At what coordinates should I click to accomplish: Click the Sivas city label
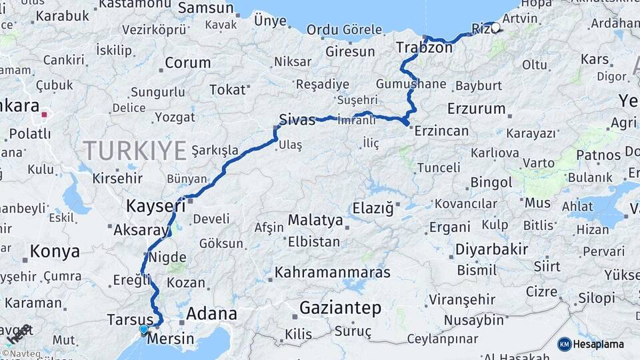click(x=297, y=121)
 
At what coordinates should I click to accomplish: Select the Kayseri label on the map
click(x=156, y=206)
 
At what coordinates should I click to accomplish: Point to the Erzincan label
click(x=441, y=131)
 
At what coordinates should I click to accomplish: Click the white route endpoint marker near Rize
click(x=495, y=28)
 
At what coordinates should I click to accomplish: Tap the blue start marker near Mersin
click(x=143, y=329)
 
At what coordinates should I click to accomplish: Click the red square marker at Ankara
click(x=45, y=115)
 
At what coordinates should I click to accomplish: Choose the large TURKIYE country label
click(x=135, y=151)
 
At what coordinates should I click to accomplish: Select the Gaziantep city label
click(x=340, y=308)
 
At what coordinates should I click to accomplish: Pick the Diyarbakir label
click(x=491, y=249)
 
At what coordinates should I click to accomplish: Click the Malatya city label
click(x=315, y=221)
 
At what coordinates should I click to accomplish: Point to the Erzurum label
click(x=477, y=108)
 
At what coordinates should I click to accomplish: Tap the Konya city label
click(x=55, y=252)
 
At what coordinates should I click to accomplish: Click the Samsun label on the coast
click(x=205, y=9)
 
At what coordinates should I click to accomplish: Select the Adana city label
click(x=211, y=313)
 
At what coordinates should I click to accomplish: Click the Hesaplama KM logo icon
click(x=565, y=344)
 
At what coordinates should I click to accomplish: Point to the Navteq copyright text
click(x=21, y=354)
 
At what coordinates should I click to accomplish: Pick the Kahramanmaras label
click(x=332, y=272)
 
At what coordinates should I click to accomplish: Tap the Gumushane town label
click(x=411, y=84)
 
